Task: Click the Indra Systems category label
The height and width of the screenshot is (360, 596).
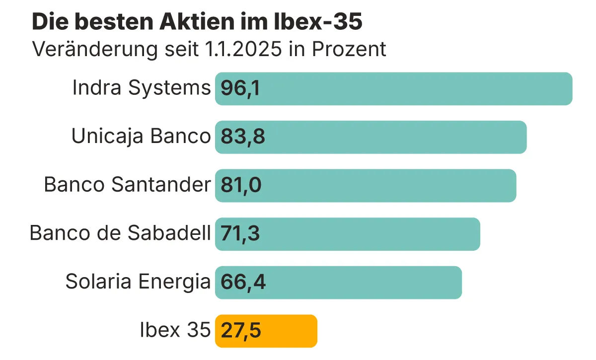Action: point(142,88)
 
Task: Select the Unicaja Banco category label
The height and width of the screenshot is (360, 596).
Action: point(141,137)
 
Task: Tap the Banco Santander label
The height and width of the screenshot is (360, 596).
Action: point(127,185)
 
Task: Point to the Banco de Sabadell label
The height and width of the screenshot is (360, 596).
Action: point(120,233)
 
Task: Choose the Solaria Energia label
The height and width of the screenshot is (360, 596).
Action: point(138,282)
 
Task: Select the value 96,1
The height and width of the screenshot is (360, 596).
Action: point(240,88)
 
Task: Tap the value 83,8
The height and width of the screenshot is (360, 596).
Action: point(243,137)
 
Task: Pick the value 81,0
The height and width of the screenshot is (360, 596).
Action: point(241,185)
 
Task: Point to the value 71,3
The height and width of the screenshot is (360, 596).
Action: point(240,233)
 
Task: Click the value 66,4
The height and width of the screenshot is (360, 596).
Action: point(243,282)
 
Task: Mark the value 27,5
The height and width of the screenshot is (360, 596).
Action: point(241,331)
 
